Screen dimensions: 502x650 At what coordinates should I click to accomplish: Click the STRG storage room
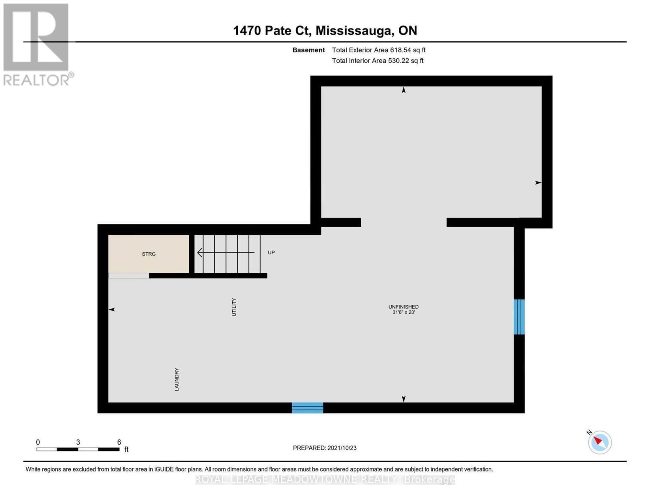[149, 254]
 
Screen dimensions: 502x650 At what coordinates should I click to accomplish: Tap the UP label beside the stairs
[271, 253]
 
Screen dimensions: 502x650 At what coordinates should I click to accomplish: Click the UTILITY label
[234, 307]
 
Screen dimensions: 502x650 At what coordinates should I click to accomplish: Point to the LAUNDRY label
[177, 379]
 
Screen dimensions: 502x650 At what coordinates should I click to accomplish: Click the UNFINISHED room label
[403, 307]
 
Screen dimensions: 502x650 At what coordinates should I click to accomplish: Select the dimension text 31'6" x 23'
[403, 312]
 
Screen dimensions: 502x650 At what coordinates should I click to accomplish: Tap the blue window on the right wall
[519, 317]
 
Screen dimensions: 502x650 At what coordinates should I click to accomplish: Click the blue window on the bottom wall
[307, 407]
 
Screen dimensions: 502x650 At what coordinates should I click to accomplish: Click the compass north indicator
[599, 442]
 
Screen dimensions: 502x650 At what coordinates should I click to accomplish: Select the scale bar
[78, 449]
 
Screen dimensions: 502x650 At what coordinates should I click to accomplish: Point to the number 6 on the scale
[119, 442]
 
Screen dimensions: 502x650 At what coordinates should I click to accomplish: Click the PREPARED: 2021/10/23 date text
[324, 448]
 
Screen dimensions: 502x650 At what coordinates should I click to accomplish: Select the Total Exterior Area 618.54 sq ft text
[378, 50]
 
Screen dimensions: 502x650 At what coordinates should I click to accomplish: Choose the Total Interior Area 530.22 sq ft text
[378, 61]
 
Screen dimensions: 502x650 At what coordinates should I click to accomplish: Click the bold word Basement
[308, 50]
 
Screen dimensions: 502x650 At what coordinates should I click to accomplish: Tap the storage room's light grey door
[128, 276]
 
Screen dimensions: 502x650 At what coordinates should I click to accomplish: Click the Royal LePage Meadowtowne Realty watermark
[325, 479]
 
